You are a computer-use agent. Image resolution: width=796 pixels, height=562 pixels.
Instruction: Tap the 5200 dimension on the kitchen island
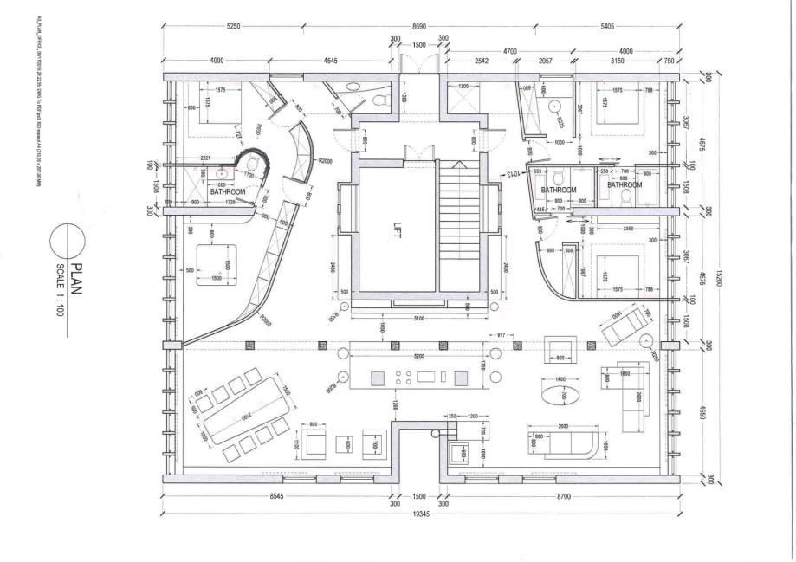coord(418,356)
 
